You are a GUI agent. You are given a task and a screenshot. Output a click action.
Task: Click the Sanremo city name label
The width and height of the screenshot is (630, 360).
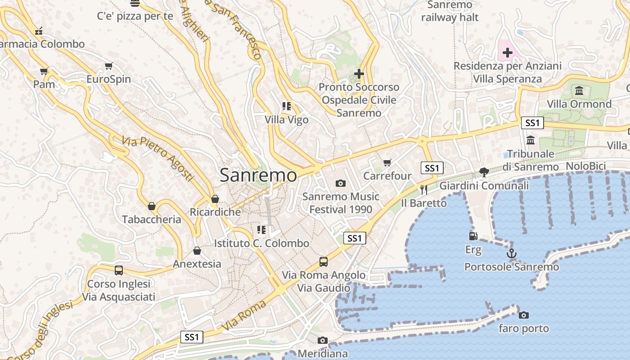click(x=258, y=175)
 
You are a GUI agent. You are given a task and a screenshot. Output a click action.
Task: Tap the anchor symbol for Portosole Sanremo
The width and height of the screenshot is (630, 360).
click(x=512, y=254)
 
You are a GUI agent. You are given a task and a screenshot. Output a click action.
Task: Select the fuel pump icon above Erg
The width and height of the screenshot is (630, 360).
click(x=473, y=236)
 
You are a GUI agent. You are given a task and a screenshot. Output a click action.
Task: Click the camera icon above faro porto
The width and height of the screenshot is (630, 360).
click(x=524, y=315)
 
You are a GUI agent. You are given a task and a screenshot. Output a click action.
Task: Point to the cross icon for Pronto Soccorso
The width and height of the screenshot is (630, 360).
click(x=359, y=73)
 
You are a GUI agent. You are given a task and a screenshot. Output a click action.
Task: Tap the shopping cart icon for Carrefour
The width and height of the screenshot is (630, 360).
click(x=387, y=162)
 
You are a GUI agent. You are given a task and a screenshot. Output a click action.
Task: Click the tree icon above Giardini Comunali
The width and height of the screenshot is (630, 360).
click(x=484, y=172)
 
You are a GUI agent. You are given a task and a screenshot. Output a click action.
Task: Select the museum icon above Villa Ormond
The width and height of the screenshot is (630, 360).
click(x=579, y=91)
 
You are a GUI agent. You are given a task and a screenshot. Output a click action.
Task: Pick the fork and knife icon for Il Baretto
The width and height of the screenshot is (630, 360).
click(x=423, y=190)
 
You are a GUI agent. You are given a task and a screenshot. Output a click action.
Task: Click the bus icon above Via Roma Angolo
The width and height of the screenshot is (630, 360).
click(x=323, y=261)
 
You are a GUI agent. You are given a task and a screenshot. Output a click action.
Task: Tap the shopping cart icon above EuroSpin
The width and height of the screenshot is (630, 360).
click(x=108, y=66)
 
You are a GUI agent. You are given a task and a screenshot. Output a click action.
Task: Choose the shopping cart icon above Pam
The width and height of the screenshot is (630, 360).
click(x=44, y=71)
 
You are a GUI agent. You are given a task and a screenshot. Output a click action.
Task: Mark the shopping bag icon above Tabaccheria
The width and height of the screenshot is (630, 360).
click(x=152, y=206)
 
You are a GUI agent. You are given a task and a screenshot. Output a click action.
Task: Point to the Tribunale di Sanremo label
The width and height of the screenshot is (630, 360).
click(x=531, y=160)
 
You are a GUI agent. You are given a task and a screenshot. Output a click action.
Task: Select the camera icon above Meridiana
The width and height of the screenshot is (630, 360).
click(x=323, y=341)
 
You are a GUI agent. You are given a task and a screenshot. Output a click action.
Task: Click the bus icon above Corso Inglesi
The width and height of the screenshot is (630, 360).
click(x=118, y=270)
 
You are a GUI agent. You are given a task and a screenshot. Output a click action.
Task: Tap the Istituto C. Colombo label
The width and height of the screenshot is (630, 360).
click(x=261, y=243)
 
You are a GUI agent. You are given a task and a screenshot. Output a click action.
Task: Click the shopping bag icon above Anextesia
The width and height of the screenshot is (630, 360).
click(x=197, y=251)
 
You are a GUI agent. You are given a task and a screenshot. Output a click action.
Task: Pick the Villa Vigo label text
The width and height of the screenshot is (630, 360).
click(x=287, y=120)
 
